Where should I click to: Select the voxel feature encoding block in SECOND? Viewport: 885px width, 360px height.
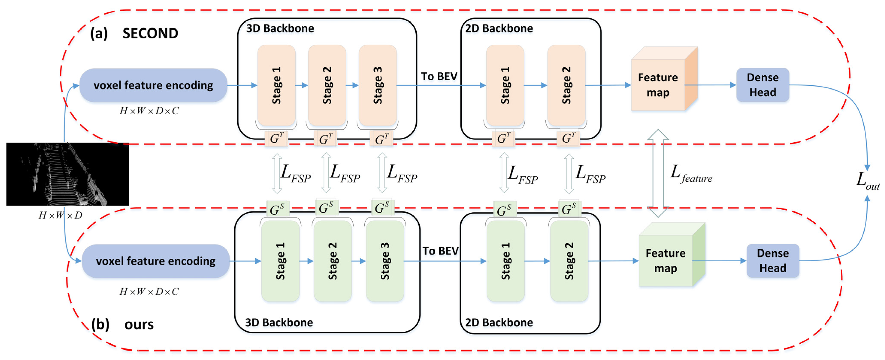coord(153,85)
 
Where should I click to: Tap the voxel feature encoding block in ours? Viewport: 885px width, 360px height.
coord(156,261)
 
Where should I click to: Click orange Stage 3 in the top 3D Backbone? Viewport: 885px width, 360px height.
coord(378,85)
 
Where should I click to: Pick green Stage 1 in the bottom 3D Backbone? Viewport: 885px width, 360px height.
coord(280,261)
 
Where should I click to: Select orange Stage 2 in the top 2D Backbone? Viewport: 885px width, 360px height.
coord(566,85)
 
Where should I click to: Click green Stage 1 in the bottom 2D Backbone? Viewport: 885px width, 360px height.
coord(505,261)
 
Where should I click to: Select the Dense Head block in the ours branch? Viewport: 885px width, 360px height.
coord(773,261)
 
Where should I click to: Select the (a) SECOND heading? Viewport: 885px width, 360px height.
coord(134,33)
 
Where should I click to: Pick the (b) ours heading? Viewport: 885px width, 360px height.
coord(122,324)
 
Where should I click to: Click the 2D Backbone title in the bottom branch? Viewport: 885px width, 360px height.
coord(499,322)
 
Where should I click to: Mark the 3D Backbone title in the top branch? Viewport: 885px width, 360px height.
coord(280,28)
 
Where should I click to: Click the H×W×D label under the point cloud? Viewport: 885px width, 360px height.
coord(60,215)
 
